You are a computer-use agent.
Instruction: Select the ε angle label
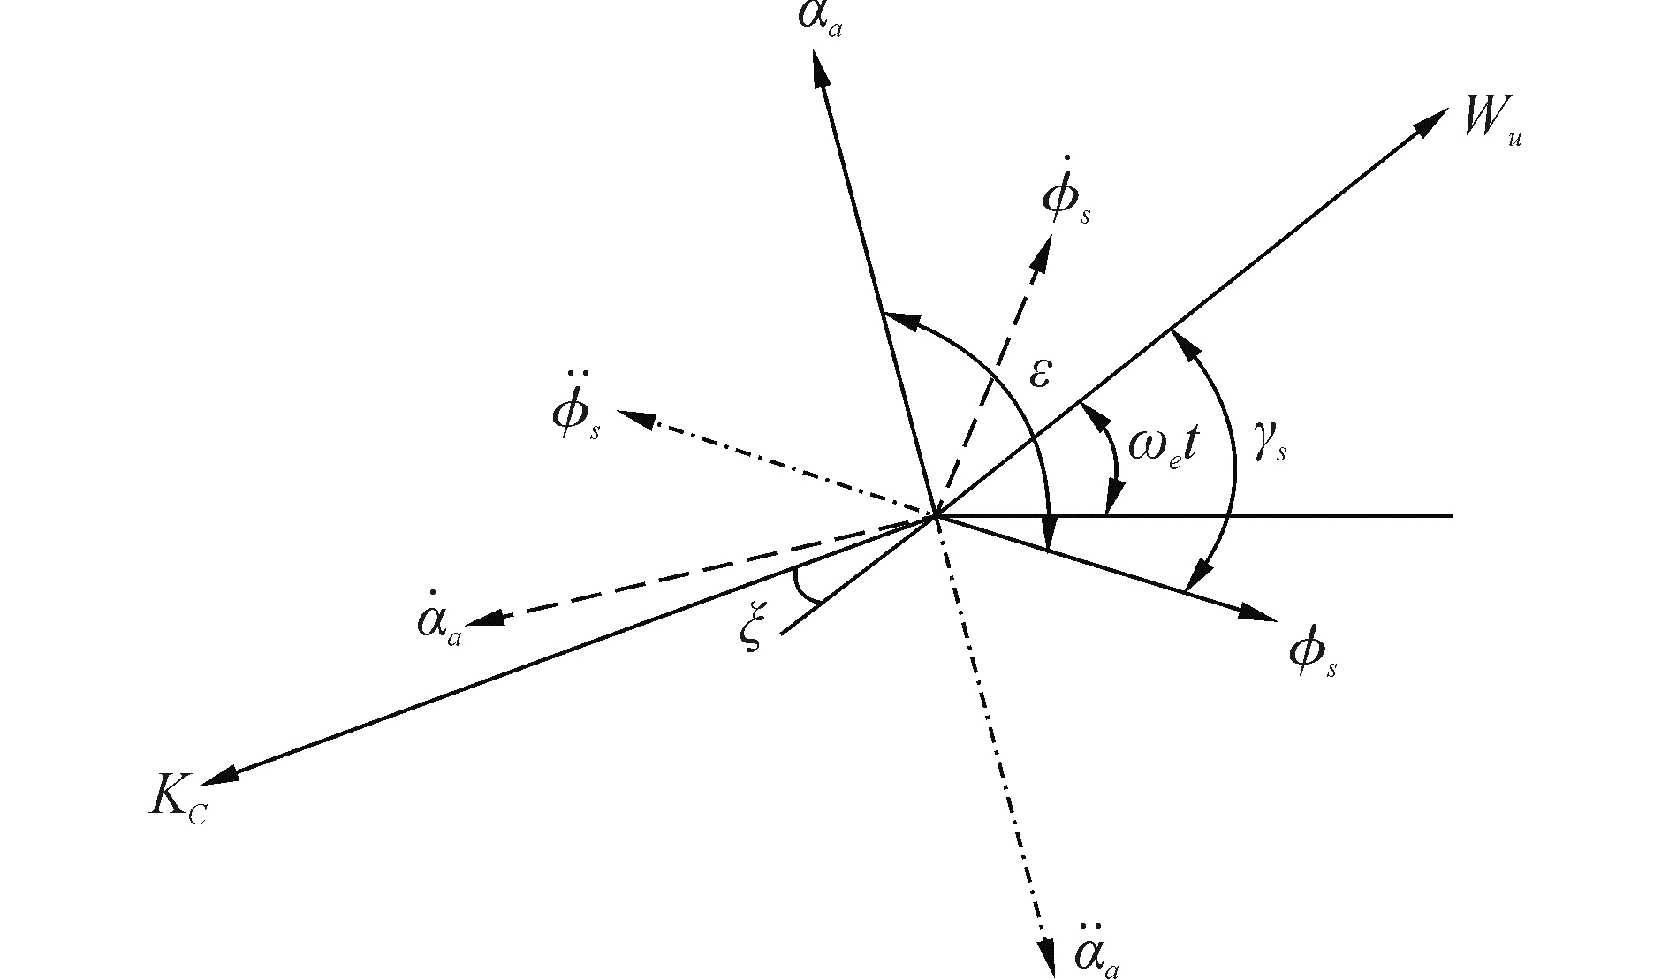1040,375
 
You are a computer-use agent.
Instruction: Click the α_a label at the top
819,18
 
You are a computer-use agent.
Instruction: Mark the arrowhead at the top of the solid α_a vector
819,67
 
